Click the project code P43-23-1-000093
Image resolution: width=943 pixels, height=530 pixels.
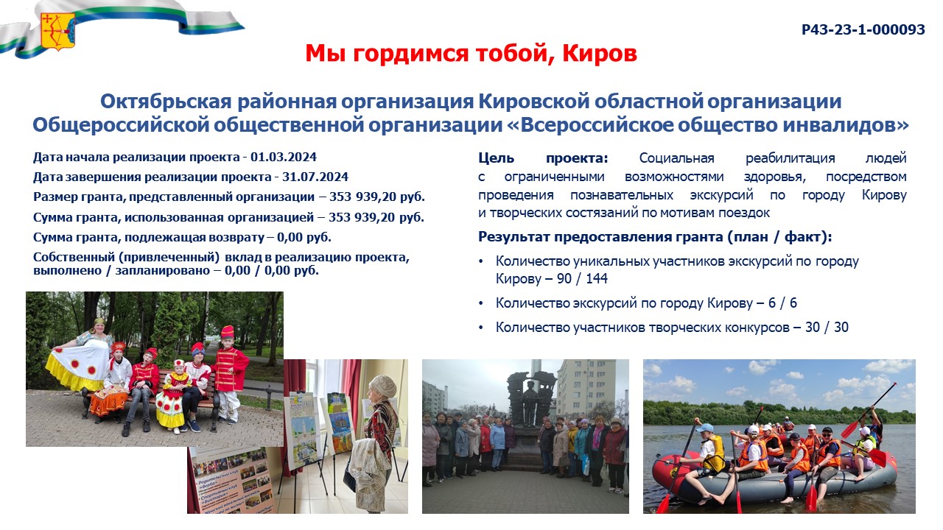point(863,29)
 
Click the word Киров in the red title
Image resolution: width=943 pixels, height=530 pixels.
point(599,54)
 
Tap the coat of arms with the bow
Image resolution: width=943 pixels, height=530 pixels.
point(57,31)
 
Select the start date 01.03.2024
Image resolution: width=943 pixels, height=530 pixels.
point(284,158)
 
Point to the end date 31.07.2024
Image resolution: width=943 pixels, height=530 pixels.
point(315,177)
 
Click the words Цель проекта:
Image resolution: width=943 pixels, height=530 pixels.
point(543,158)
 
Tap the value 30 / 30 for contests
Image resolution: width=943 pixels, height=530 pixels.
point(827,328)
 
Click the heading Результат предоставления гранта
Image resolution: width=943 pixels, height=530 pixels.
point(601,237)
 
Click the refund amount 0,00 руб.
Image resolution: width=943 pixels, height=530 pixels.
point(304,237)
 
